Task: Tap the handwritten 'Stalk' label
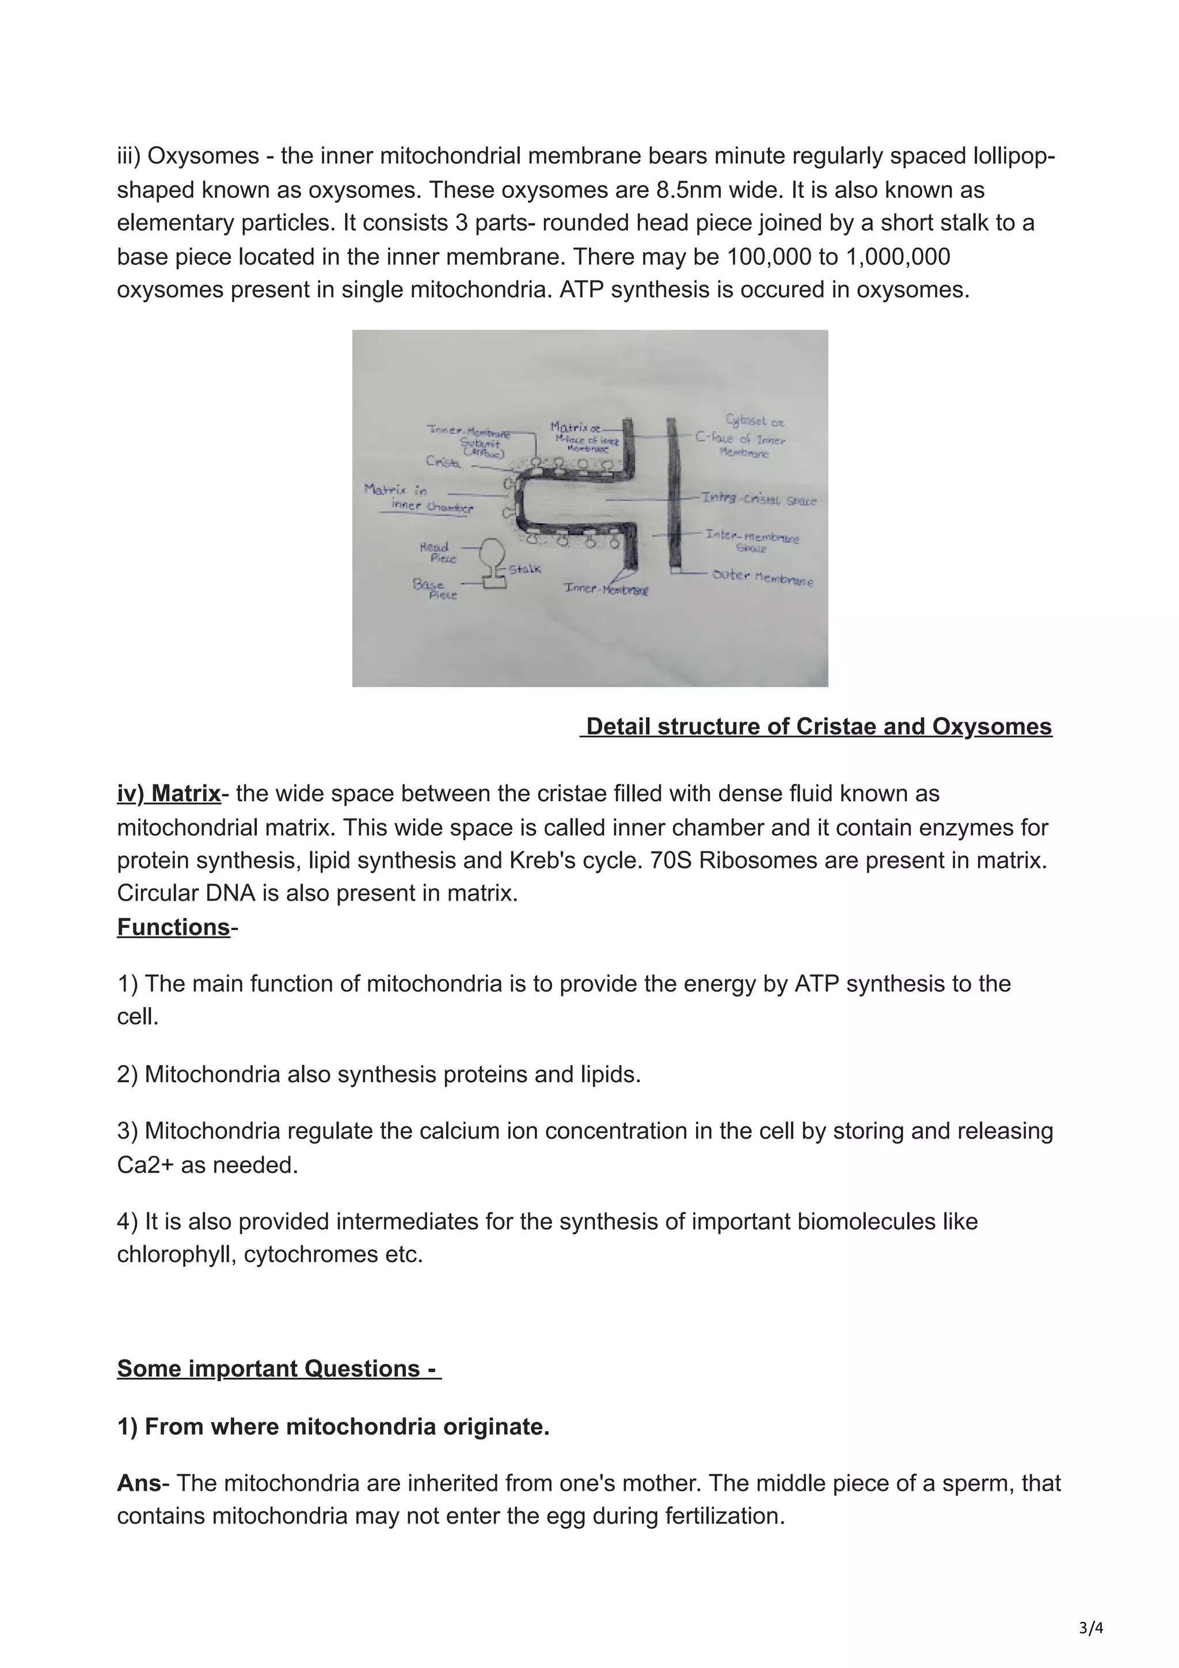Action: point(524,569)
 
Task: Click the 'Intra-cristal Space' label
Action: point(759,500)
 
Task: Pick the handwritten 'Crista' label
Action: point(443,461)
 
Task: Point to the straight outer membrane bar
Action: point(674,494)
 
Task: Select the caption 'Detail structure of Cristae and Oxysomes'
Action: point(818,726)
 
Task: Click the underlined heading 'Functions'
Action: point(174,927)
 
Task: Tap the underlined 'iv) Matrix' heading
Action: point(169,793)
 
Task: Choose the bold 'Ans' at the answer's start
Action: point(138,1483)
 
